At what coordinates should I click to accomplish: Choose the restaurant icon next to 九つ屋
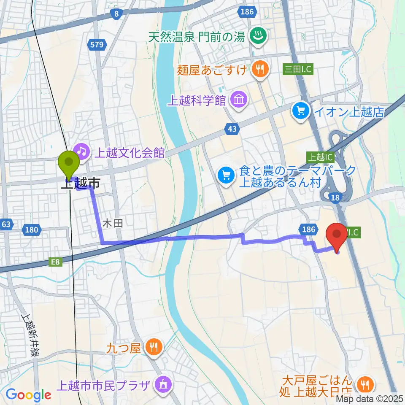[151, 347]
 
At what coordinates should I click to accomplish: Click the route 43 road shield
[232, 129]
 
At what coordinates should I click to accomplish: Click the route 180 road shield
[32, 230]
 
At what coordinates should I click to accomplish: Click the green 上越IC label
[319, 157]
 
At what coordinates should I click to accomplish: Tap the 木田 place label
[113, 224]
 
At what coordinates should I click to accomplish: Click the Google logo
[28, 395]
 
